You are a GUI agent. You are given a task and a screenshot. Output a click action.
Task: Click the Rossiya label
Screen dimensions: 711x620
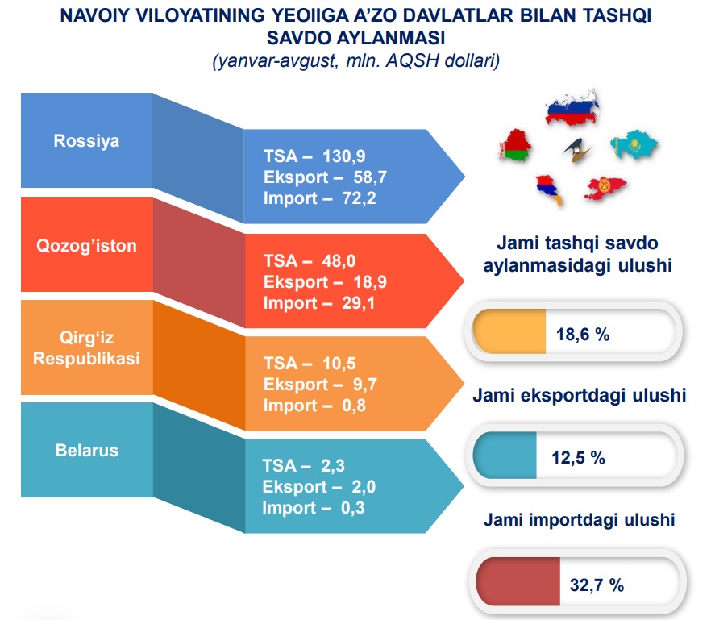pos(86,141)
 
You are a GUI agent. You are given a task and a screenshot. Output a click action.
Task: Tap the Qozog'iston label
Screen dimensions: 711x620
pos(86,246)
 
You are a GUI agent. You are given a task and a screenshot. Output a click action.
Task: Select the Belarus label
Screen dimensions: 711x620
pos(86,451)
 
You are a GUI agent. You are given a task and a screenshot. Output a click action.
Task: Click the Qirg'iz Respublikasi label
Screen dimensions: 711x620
pos(86,347)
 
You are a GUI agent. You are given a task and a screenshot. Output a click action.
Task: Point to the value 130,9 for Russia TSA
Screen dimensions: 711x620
pos(343,156)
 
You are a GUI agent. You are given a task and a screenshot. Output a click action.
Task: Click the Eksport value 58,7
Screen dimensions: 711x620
pos(370,177)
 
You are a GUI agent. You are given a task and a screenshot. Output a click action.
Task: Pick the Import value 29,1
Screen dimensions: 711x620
pos(358,303)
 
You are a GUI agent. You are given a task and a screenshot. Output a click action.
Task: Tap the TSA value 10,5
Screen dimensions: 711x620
pos(339,364)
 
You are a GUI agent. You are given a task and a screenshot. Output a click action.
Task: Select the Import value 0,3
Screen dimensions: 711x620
pos(352,508)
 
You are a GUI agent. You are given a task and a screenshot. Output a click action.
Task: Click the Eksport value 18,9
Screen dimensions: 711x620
pos(370,282)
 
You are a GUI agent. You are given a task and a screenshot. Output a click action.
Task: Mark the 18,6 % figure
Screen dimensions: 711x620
pos(583,335)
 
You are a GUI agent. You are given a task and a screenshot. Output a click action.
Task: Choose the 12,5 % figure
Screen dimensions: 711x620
pos(578,458)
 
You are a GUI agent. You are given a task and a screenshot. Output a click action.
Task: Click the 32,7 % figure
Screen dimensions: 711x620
pos(597,585)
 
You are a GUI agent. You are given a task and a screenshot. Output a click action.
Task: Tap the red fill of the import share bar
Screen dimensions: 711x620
pos(518,581)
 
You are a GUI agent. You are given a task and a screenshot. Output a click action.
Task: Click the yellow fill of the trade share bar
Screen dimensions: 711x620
pos(509,331)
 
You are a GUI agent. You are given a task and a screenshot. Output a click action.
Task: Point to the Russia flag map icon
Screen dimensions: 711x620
pos(572,108)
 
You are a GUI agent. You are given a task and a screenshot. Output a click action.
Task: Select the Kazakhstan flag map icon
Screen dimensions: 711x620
pos(634,144)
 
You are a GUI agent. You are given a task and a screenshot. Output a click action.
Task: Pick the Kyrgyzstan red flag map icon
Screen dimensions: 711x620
pos(605,188)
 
